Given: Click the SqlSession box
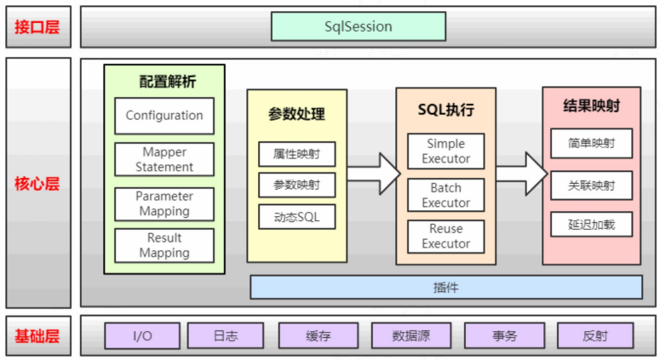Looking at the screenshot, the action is click(x=359, y=26).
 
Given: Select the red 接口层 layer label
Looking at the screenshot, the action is click(x=37, y=27).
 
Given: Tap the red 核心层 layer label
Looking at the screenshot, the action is click(x=37, y=184).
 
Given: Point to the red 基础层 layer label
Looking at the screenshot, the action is click(x=37, y=336).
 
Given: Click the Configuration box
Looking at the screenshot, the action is click(x=164, y=116).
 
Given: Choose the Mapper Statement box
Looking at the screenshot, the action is click(x=164, y=159).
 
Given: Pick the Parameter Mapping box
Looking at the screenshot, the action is click(x=164, y=204).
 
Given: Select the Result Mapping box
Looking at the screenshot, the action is click(x=164, y=245).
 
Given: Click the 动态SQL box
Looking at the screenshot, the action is click(x=296, y=216).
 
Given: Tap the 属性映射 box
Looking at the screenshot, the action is click(x=296, y=154).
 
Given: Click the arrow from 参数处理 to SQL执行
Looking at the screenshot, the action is click(x=374, y=174).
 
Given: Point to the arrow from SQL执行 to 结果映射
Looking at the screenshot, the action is click(x=521, y=174).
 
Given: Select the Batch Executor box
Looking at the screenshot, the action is click(x=445, y=195).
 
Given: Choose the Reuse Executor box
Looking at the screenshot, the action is click(x=445, y=237).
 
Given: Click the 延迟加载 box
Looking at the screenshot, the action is click(x=591, y=224).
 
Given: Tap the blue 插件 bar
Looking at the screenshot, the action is click(x=446, y=288).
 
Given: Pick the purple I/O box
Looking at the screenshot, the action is click(x=142, y=335).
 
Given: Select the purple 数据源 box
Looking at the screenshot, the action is click(x=411, y=335).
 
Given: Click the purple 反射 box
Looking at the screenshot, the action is click(x=595, y=335).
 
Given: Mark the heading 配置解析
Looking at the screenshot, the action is click(x=168, y=81).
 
